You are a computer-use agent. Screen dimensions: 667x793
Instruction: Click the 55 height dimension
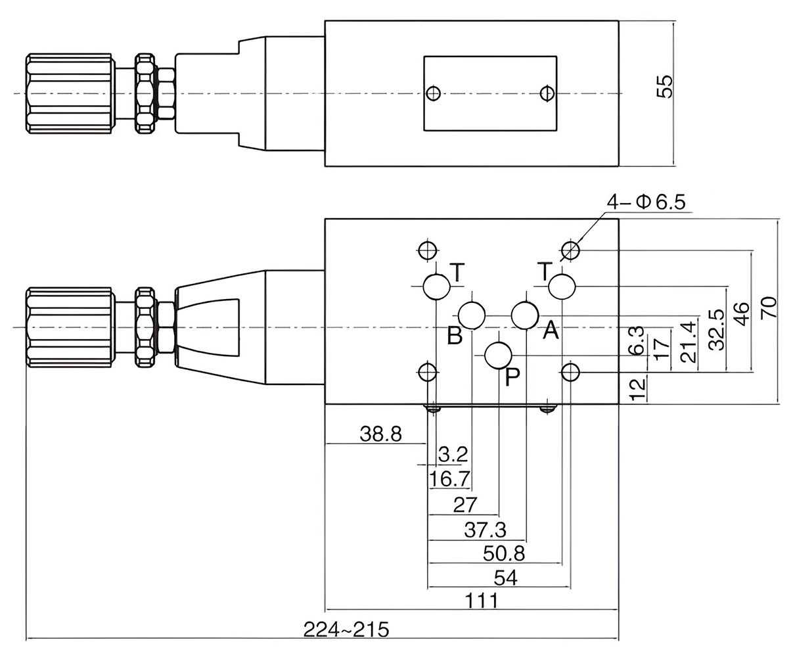pos(666,87)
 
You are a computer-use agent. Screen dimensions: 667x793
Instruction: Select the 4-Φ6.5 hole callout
pos(646,202)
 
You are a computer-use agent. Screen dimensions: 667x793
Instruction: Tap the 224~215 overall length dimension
pos(346,630)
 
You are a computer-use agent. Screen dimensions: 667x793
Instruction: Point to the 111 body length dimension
pos(481,600)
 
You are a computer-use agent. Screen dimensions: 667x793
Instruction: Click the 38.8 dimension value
pos(381,434)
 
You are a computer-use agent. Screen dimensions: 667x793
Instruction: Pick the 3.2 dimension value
pos(453,454)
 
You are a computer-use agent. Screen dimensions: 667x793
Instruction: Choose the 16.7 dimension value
pos(449,479)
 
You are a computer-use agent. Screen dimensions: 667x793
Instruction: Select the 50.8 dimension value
pos(504,553)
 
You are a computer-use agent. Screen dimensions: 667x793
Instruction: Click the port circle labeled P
pos(498,356)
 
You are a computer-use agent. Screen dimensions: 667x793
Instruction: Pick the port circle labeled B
pos(472,315)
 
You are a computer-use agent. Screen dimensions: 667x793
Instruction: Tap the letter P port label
pos(512,377)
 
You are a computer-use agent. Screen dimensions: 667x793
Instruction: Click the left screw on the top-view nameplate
pos(432,93)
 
